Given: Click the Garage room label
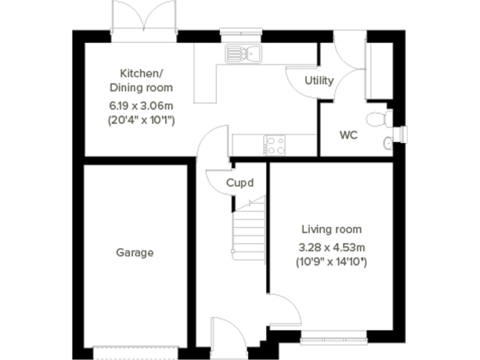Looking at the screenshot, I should [134, 253].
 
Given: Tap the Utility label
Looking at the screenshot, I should [319, 81].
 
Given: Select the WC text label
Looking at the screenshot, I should [348, 135].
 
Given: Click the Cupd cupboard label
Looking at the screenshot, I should [240, 183].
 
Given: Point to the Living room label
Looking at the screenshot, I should [331, 229].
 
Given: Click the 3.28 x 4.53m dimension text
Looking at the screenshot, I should [331, 246].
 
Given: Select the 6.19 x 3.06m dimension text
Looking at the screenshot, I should [141, 105].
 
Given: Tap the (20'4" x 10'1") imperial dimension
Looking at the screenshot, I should [141, 119].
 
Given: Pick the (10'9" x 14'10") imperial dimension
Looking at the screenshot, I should [331, 262].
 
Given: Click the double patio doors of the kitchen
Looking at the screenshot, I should [144, 19].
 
